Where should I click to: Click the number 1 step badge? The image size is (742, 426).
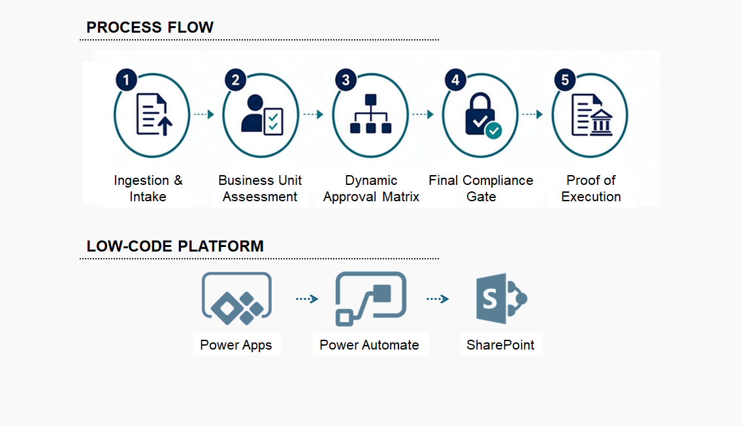click(126, 80)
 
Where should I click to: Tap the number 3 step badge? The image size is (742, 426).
click(346, 80)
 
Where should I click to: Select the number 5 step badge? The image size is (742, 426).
click(565, 80)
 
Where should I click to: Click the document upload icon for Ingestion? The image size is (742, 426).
click(154, 114)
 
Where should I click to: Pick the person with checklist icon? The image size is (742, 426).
click(262, 114)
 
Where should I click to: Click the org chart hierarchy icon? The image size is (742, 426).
click(371, 114)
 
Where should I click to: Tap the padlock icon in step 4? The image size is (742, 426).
click(480, 114)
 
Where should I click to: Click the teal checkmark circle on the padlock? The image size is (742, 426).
click(494, 130)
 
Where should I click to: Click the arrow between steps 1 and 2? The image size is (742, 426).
click(204, 114)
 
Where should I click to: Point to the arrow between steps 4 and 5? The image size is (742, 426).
click(532, 114)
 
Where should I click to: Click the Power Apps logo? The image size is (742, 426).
click(236, 299)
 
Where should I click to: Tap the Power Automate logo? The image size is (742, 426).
click(371, 299)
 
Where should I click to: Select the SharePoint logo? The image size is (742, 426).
click(502, 299)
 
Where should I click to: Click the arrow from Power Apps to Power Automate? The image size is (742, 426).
click(307, 299)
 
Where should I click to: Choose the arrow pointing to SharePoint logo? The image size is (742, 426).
click(438, 299)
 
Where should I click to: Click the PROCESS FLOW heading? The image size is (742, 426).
click(150, 27)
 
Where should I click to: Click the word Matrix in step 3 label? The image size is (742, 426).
click(401, 197)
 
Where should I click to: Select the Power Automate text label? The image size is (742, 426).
click(369, 345)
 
